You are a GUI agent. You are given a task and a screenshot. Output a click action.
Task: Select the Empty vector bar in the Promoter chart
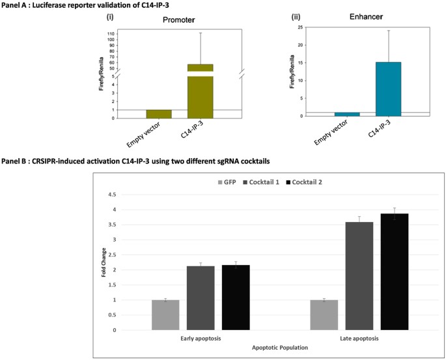[x=159, y=114]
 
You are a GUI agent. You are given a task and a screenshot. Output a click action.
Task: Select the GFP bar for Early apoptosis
[x=165, y=315]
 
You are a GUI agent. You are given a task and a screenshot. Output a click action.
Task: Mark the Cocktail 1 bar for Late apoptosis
[x=359, y=276]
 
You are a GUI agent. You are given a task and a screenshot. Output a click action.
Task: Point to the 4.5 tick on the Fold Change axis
[x=113, y=195]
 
